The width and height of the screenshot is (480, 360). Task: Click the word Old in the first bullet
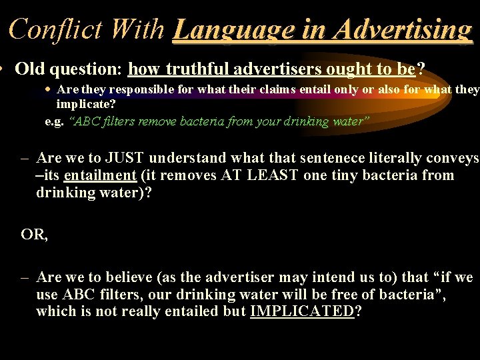pyautogui.click(x=28, y=69)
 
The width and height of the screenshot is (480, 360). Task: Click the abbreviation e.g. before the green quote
pyautogui.click(x=55, y=121)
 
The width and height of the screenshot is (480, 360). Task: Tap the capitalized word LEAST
pyautogui.click(x=275, y=175)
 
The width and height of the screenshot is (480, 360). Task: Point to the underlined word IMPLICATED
pyautogui.click(x=301, y=311)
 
